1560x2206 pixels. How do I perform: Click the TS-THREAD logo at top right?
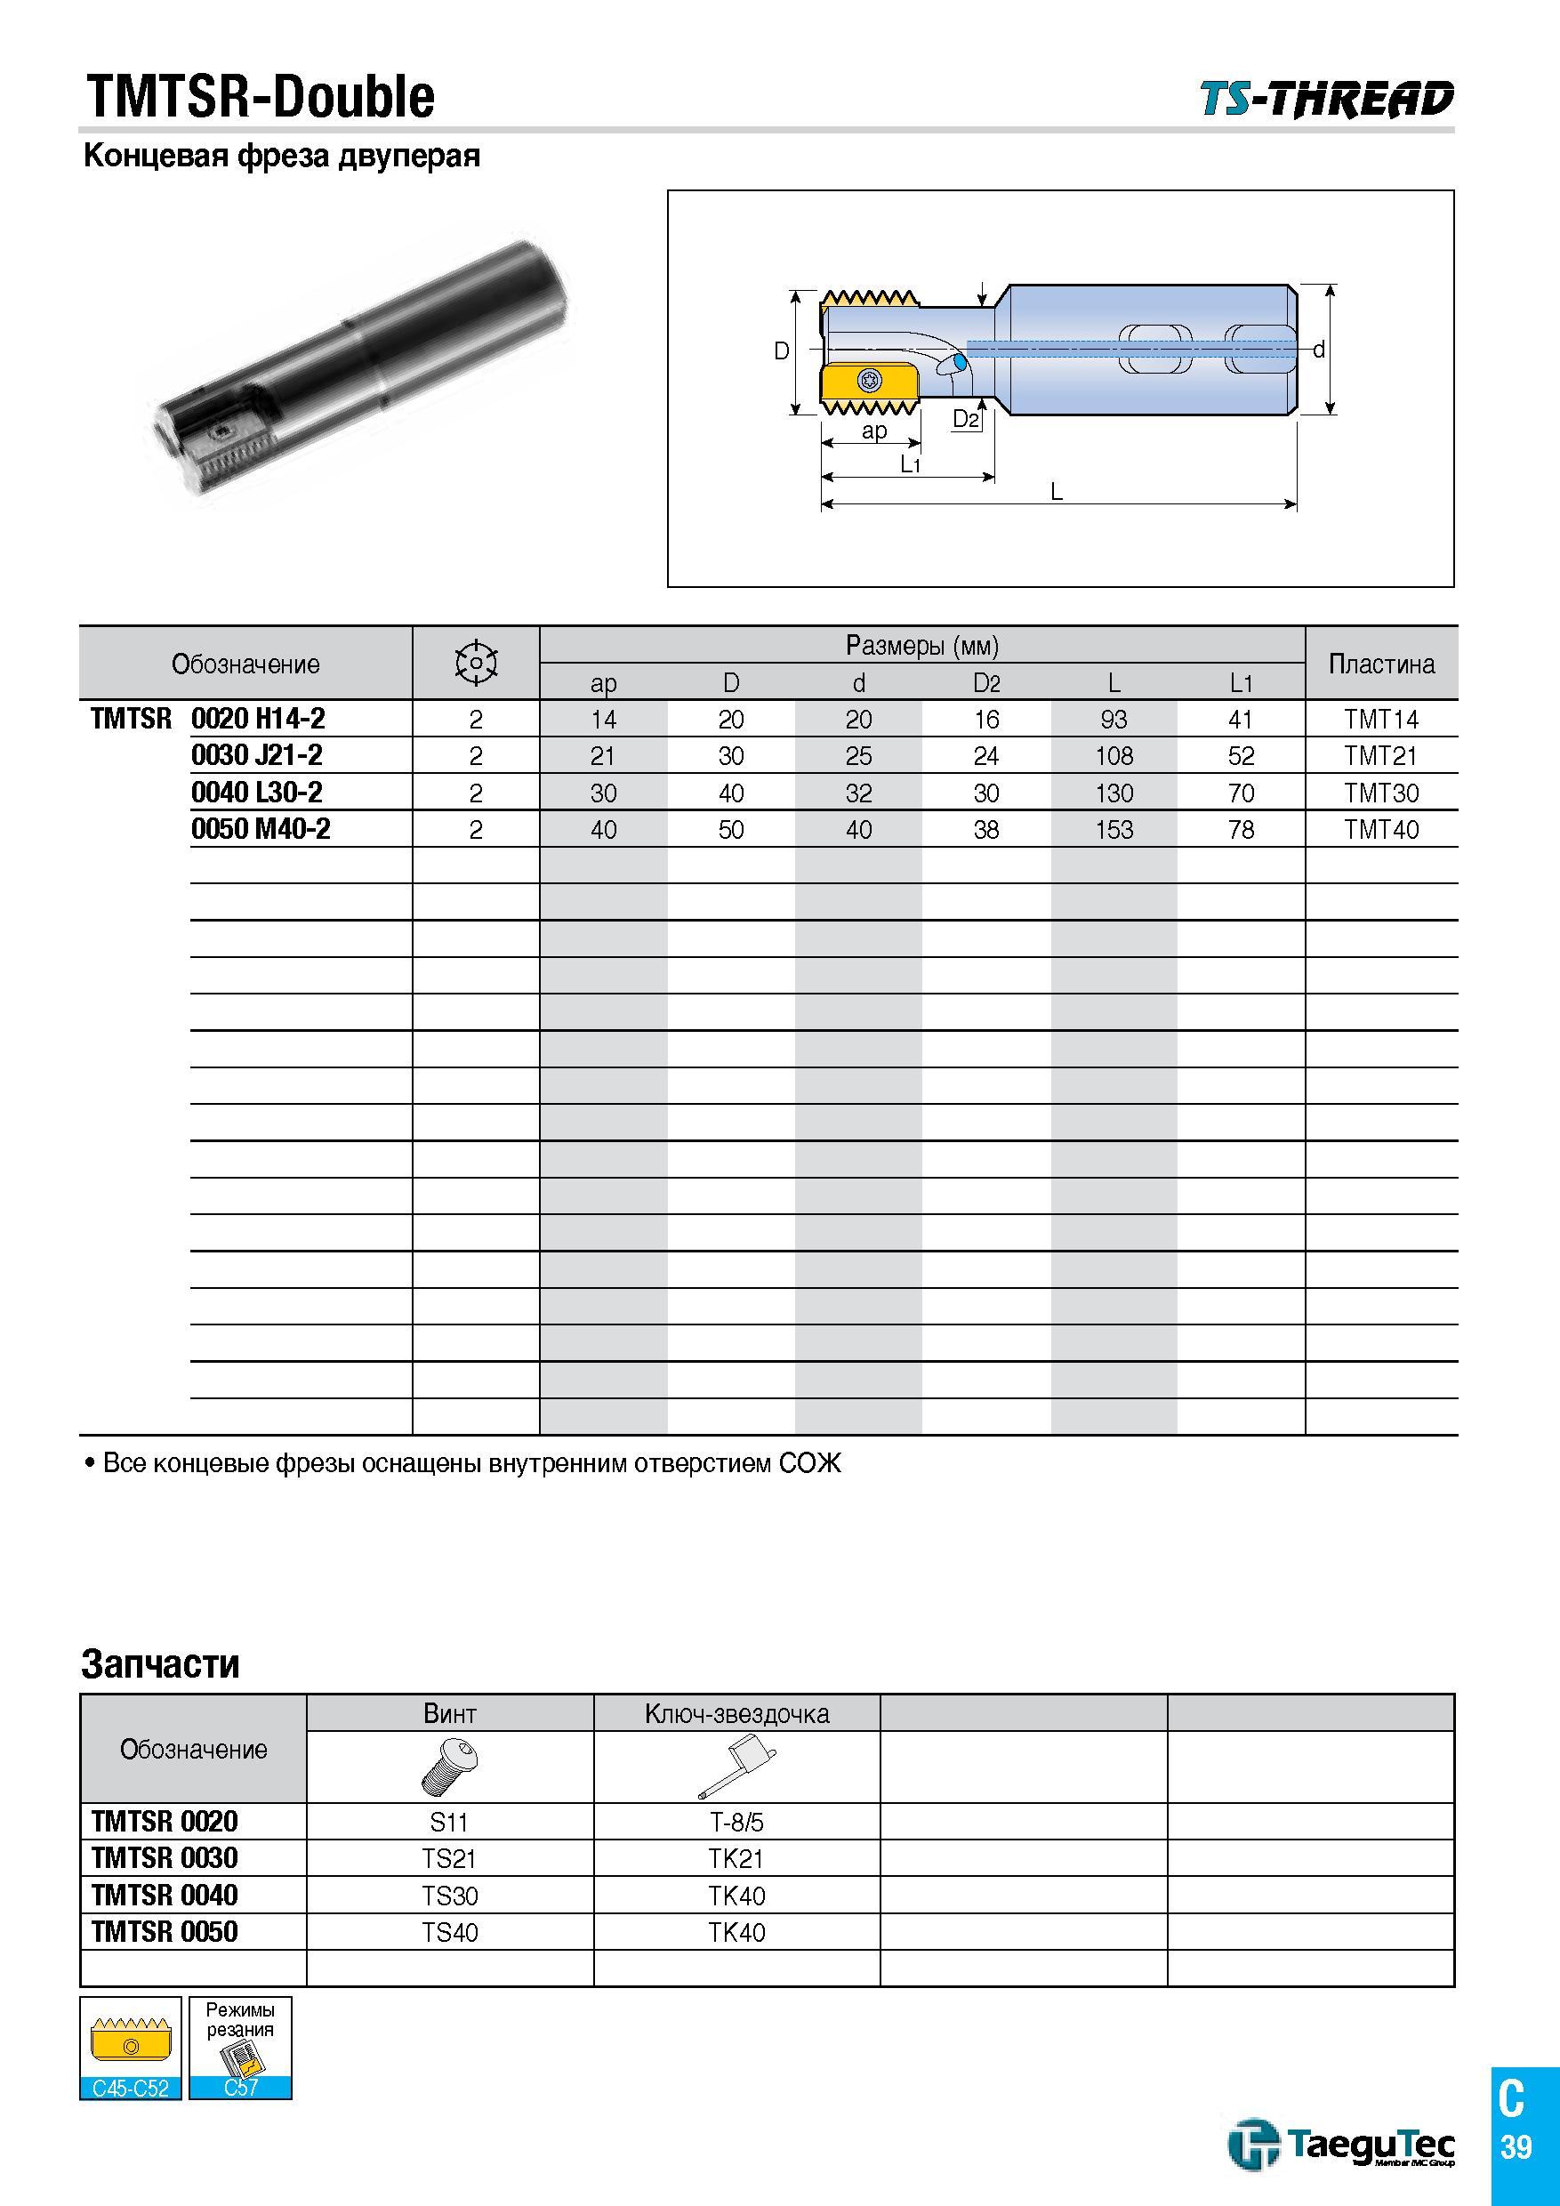click(x=1327, y=99)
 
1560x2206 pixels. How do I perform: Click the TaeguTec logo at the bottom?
click(x=1342, y=2146)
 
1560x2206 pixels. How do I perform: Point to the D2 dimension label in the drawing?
click(x=965, y=419)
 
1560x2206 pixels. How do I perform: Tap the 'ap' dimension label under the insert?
click(x=874, y=431)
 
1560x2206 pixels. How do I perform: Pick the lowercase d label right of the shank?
click(x=1319, y=350)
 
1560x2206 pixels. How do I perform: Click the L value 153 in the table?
click(x=1114, y=829)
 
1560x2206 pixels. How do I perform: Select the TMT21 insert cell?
click(x=1380, y=756)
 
